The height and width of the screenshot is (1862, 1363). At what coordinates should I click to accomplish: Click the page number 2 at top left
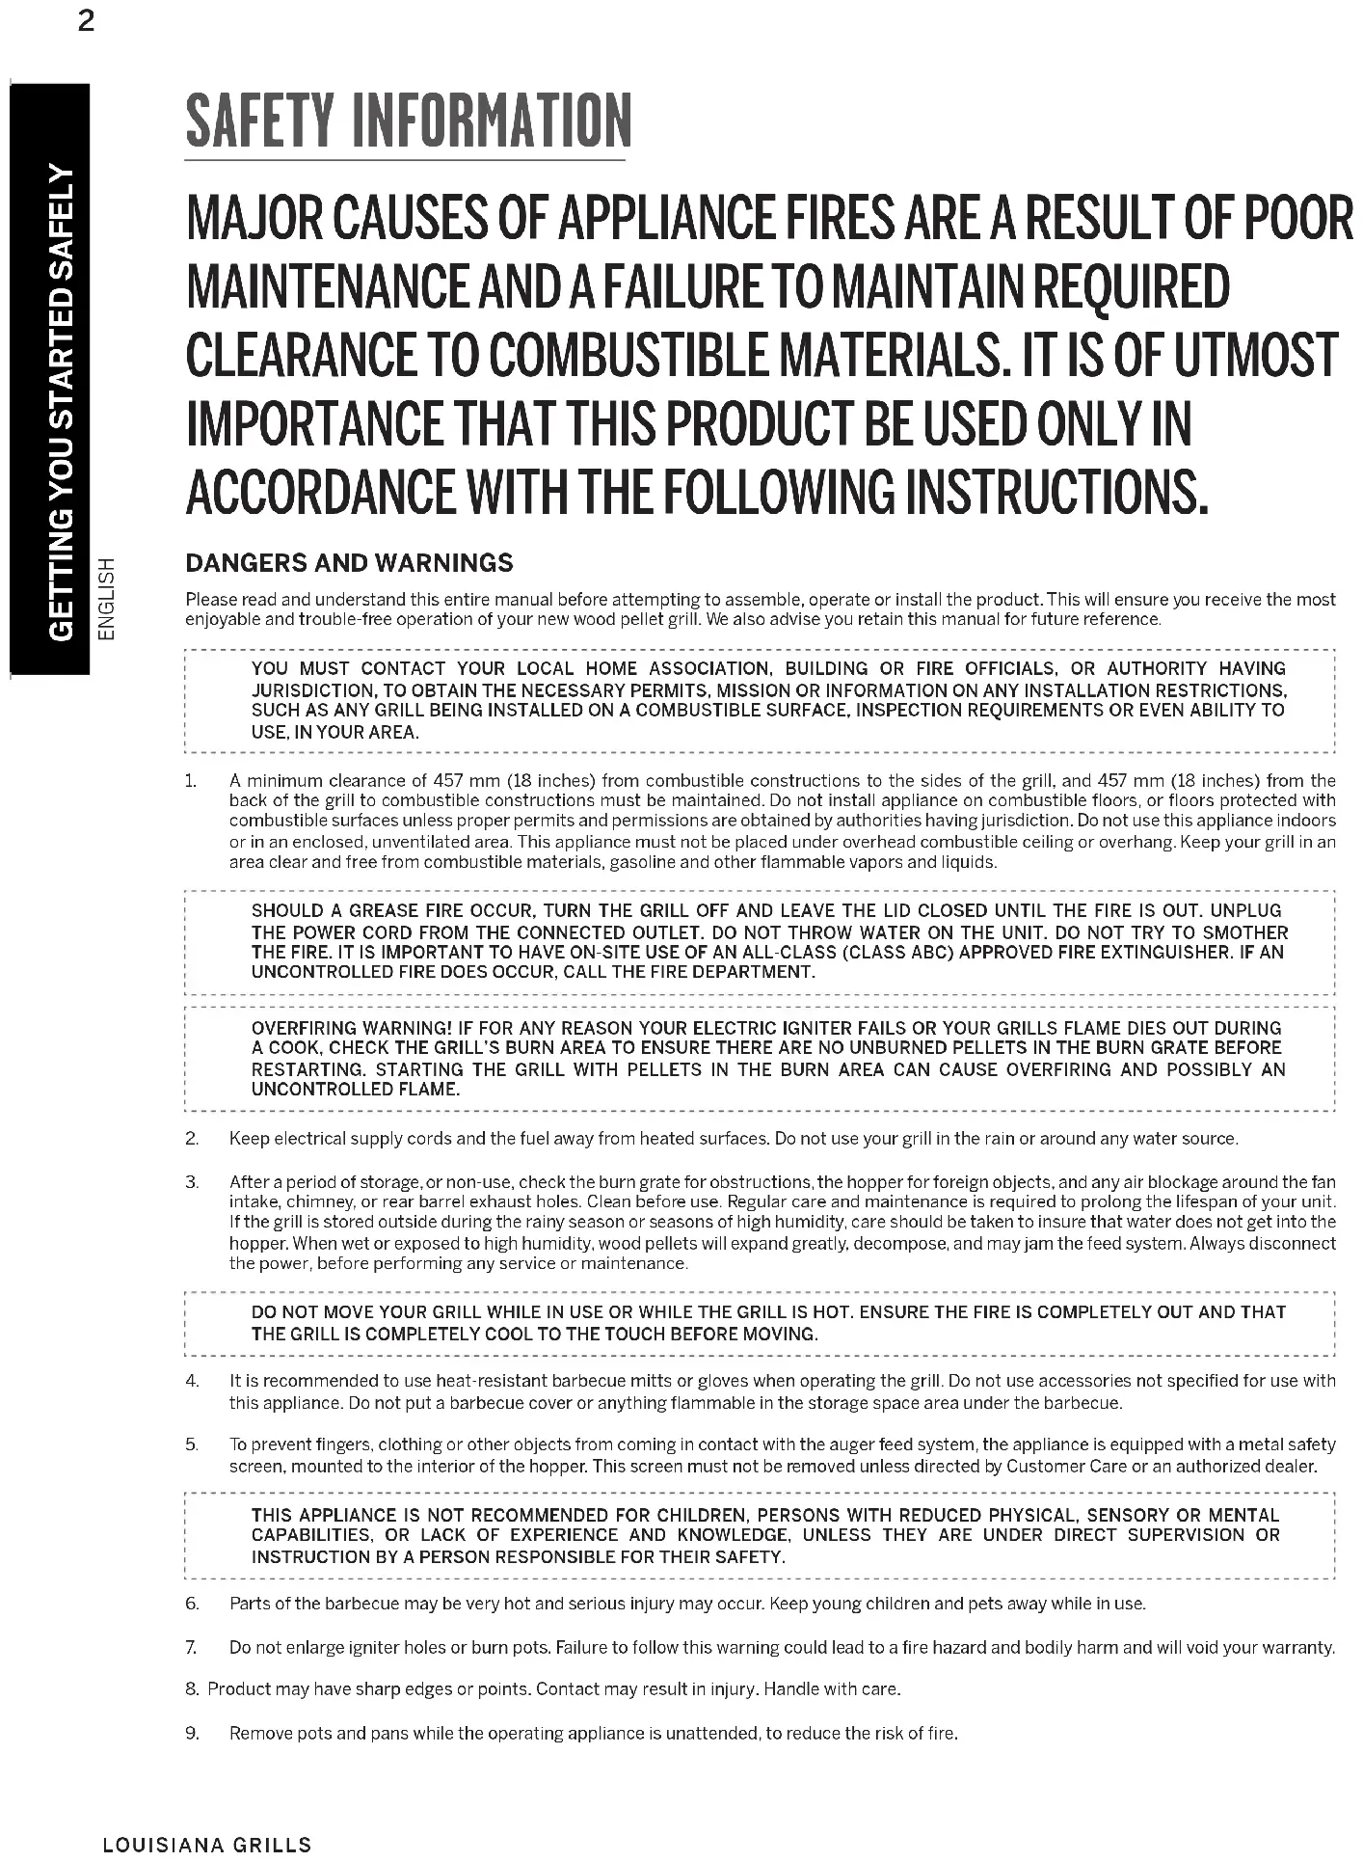86,21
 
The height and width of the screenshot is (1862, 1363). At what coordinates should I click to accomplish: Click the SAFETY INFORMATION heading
408,121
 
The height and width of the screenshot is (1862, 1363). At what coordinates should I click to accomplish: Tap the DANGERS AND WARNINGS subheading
349,563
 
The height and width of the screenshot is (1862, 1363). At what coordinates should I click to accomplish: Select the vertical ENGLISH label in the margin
108,598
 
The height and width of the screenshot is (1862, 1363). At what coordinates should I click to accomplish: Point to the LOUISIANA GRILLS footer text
207,1845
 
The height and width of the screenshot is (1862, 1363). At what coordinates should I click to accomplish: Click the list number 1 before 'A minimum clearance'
191,780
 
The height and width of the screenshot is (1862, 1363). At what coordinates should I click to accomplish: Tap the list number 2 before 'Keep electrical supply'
192,1139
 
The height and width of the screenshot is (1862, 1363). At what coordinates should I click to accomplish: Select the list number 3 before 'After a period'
192,1182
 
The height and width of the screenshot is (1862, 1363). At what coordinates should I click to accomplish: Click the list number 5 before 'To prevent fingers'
192,1444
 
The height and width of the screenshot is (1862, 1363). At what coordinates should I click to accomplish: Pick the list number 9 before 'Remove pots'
192,1733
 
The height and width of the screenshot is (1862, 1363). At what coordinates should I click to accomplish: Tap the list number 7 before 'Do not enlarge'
191,1647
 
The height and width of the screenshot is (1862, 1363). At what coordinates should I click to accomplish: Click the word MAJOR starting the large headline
254,219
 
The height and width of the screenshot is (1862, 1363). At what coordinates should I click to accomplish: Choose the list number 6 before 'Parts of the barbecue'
192,1604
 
